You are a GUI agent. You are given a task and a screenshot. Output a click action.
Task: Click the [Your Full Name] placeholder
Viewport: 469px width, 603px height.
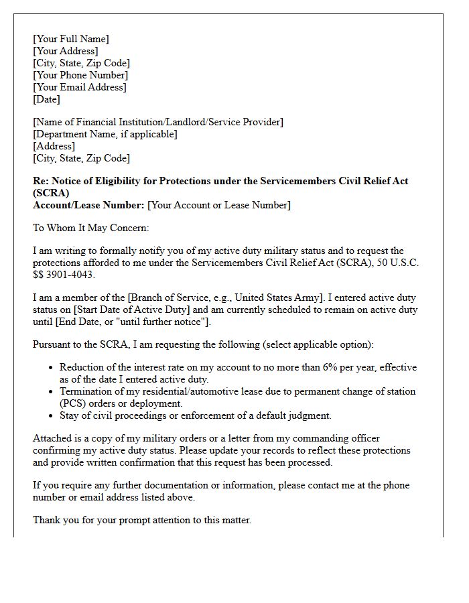pyautogui.click(x=70, y=39)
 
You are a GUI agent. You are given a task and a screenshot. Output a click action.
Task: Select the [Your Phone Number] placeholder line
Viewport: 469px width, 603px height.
pyautogui.click(x=80, y=75)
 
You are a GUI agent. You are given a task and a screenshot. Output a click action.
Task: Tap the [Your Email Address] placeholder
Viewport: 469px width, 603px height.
pyautogui.click(x=79, y=87)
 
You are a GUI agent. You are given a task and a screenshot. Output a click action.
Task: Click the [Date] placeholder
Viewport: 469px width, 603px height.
pyautogui.click(x=46, y=99)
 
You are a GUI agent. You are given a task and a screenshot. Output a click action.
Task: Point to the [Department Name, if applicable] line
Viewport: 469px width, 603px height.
pyautogui.click(x=105, y=134)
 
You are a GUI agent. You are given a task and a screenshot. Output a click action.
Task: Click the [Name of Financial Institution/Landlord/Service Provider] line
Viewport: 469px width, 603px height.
pyautogui.click(x=158, y=122)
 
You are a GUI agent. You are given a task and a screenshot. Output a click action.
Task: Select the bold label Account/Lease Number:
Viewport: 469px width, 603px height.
pyautogui.click(x=88, y=205)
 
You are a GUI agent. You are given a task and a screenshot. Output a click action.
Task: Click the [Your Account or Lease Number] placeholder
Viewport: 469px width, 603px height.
pyautogui.click(x=219, y=205)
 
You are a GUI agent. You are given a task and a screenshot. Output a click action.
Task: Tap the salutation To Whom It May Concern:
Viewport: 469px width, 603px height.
pyautogui.click(x=90, y=228)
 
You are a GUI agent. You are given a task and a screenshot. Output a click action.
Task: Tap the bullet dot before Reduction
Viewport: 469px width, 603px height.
pyautogui.click(x=52, y=368)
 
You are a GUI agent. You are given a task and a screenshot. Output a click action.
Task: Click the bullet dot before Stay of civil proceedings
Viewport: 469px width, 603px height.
pyautogui.click(x=52, y=416)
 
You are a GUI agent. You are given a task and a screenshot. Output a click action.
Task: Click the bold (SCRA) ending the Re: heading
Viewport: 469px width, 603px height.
pyautogui.click(x=50, y=193)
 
